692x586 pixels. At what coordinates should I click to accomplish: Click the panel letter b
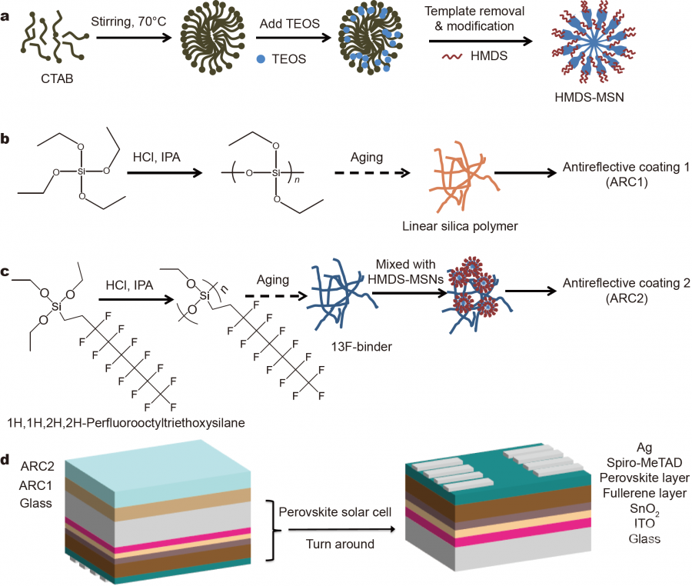[6, 138]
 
